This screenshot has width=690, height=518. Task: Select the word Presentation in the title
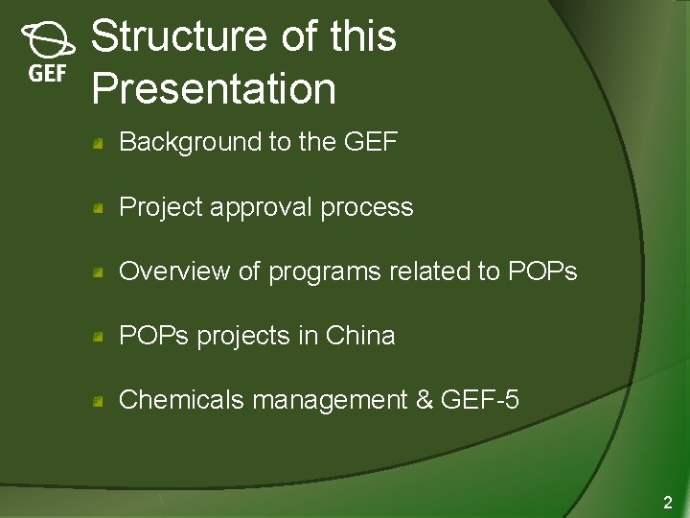click(214, 88)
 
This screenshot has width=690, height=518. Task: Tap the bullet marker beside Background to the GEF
click(99, 144)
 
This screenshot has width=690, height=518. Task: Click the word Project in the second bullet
click(153, 207)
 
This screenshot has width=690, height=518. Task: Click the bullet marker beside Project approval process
click(99, 208)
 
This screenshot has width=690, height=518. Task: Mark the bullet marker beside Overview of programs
click(99, 272)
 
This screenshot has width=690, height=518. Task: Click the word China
click(360, 336)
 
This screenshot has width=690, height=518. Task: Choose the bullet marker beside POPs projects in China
click(99, 337)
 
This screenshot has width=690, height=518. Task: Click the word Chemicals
click(181, 400)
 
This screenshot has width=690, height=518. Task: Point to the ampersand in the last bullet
click(425, 400)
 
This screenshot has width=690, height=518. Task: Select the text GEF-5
click(479, 400)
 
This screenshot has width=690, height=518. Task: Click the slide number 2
click(668, 502)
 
